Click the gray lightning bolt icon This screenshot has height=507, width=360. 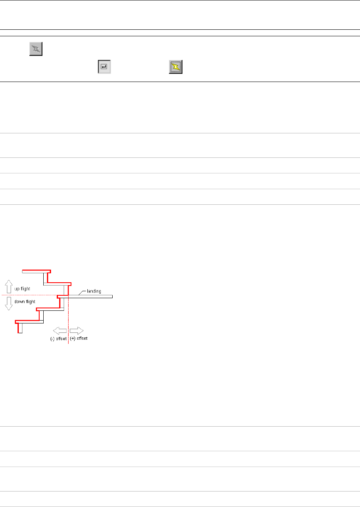pyautogui.click(x=36, y=49)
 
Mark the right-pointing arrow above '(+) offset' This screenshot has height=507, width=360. pyautogui.click(x=77, y=330)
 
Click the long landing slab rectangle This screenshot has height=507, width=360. pyautogui.click(x=91, y=297)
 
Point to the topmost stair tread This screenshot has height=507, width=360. pyautogui.click(x=37, y=271)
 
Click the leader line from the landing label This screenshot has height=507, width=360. pyautogui.click(x=80, y=292)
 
